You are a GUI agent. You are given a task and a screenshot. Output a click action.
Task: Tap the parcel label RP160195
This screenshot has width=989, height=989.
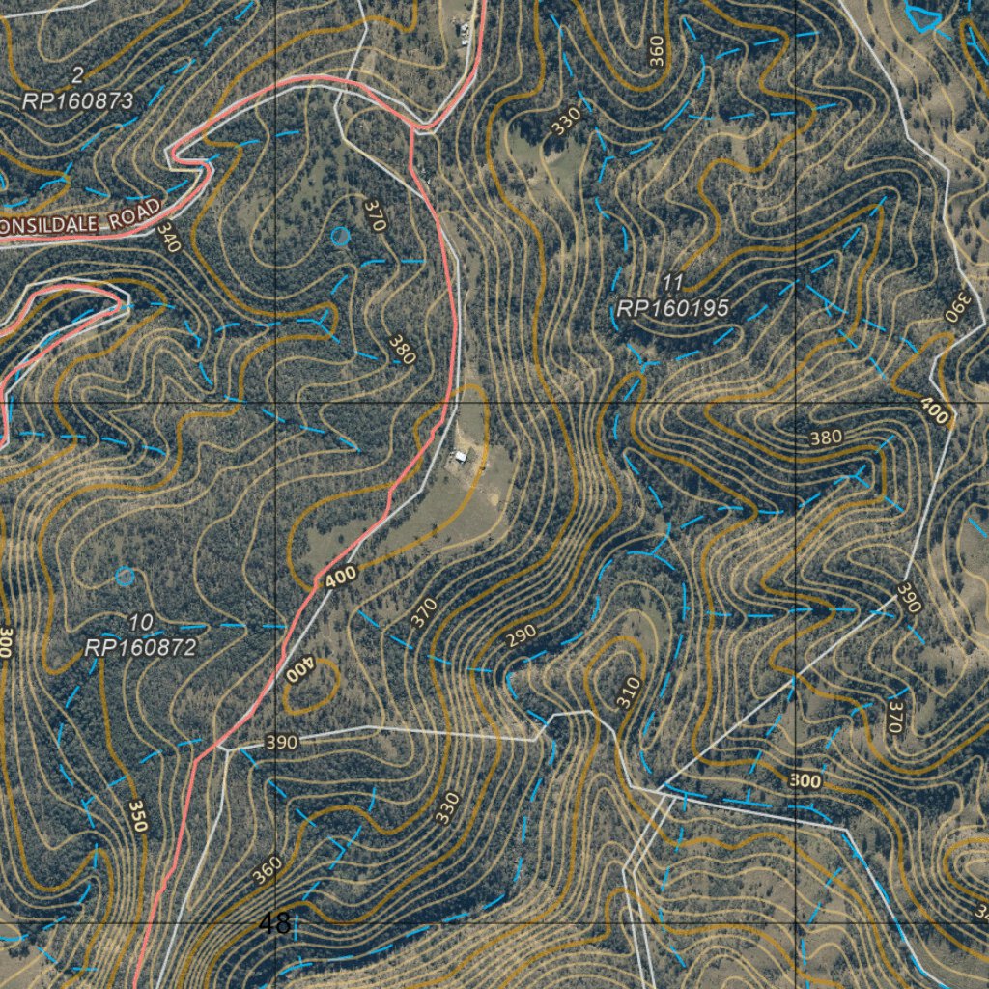[672, 308]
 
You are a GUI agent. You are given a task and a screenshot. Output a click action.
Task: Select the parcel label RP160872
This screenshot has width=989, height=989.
[141, 647]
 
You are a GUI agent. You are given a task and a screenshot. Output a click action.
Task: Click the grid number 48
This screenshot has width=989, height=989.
[275, 923]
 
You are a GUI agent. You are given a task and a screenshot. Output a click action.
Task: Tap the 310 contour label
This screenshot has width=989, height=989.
[629, 692]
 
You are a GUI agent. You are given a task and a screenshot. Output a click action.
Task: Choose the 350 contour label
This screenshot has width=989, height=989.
[137, 816]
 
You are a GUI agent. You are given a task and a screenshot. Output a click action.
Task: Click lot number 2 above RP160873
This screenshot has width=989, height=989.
[77, 75]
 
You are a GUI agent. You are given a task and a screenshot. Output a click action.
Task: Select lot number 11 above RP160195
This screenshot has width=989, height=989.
[673, 282]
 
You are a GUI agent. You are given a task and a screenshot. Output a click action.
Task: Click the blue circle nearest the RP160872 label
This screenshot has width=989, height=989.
[125, 577]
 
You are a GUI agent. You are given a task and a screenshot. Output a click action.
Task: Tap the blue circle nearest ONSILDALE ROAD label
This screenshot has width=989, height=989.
[340, 235]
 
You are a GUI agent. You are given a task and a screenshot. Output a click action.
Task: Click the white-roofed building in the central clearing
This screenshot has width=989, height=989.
[462, 456]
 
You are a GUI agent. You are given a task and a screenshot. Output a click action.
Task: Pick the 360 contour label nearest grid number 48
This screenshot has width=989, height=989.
[267, 870]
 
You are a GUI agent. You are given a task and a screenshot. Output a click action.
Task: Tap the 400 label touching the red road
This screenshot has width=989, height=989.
[340, 578]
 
